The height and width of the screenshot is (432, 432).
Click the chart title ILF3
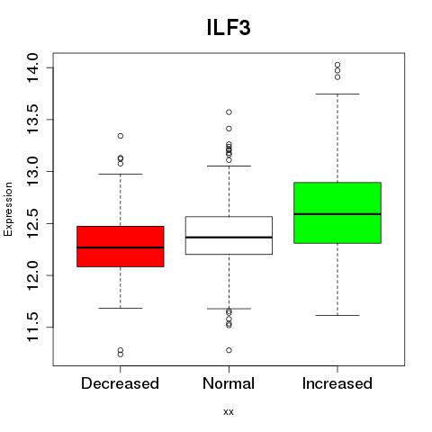(x=229, y=28)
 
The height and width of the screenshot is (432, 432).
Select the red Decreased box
(x=121, y=247)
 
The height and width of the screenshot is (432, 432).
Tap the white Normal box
(x=229, y=235)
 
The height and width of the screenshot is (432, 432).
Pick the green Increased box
(x=337, y=212)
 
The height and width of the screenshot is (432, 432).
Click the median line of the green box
(x=337, y=214)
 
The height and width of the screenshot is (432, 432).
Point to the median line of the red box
(x=121, y=247)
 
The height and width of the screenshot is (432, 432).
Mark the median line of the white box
(x=229, y=238)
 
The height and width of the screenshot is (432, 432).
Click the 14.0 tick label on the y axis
(x=32, y=67)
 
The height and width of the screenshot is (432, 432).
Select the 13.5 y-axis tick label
(x=32, y=120)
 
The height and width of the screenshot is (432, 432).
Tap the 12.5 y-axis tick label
(x=32, y=223)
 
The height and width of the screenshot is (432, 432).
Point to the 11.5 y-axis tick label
(x=32, y=327)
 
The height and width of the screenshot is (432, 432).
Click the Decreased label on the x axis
(x=120, y=383)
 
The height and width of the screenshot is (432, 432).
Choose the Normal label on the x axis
(x=229, y=383)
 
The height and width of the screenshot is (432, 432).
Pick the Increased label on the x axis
(x=337, y=383)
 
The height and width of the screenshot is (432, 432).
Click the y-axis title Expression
(x=8, y=210)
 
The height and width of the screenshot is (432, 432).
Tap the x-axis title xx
(x=229, y=412)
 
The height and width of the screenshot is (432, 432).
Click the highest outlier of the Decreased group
(x=121, y=136)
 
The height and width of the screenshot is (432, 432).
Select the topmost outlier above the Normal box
(x=229, y=112)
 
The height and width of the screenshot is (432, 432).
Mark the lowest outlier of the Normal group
(x=229, y=350)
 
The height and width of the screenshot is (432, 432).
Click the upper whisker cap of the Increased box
(x=337, y=94)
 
